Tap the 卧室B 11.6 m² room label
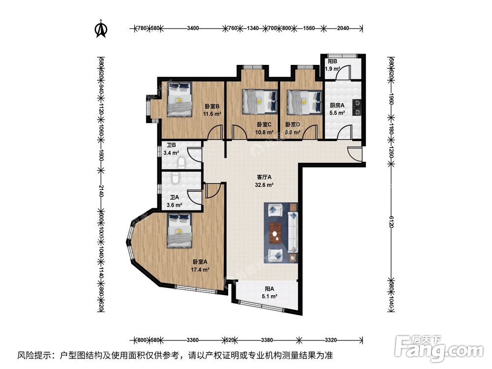point(213,109)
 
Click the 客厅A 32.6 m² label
point(264,181)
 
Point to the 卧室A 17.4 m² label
point(201,266)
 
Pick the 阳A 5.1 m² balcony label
point(269,293)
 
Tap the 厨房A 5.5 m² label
point(337,108)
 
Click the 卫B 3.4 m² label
point(172,149)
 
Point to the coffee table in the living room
point(276,233)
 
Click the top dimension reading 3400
point(193,28)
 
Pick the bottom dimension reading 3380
point(267,339)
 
